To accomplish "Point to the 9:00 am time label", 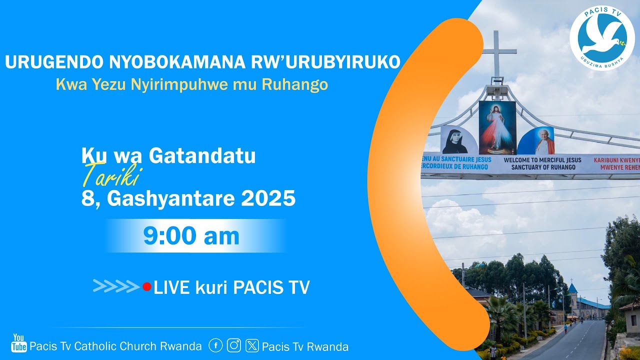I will click(191, 236).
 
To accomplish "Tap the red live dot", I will click(146, 287).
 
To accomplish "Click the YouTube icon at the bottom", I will click(19, 343).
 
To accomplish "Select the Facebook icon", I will click(215, 345).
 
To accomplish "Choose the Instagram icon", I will click(234, 345).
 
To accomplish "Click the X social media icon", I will click(252, 345).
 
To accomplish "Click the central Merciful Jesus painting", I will click(497, 127).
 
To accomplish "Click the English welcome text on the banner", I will click(542, 163).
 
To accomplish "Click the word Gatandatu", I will click(202, 156).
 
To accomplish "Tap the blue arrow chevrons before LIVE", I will click(116, 286).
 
